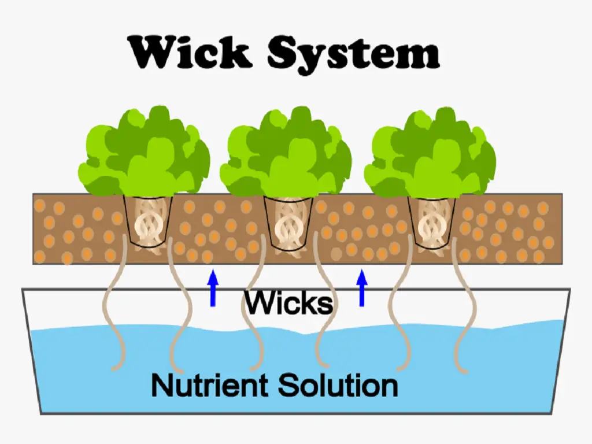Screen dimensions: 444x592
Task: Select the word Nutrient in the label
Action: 210,384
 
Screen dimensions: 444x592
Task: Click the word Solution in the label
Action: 338,384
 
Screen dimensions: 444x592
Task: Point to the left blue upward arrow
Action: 213,287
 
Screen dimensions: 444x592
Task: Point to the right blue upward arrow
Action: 362,287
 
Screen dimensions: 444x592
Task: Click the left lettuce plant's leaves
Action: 144,153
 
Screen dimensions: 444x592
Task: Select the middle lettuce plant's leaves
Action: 286,153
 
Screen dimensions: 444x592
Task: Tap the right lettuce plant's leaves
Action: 433,153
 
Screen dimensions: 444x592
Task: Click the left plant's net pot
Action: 147,223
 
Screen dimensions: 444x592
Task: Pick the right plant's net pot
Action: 431,223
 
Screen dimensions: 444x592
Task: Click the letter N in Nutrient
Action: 162,384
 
